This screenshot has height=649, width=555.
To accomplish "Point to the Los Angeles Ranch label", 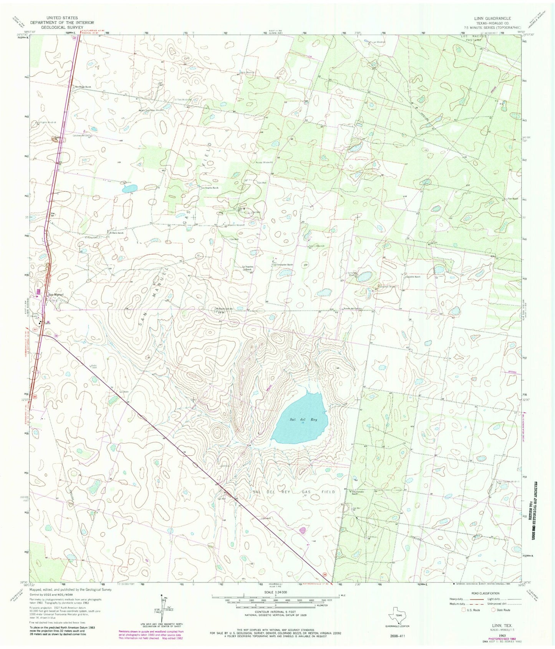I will (x=210, y=188).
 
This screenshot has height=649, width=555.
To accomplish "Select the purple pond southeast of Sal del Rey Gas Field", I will (x=303, y=531).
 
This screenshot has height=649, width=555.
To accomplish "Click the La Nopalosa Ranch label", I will (x=247, y=268).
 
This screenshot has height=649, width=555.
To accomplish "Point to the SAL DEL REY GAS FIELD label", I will (x=294, y=492).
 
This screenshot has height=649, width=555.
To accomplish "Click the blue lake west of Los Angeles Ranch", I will (x=129, y=188).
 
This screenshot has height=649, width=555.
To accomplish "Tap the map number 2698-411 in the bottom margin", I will (x=395, y=636).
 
